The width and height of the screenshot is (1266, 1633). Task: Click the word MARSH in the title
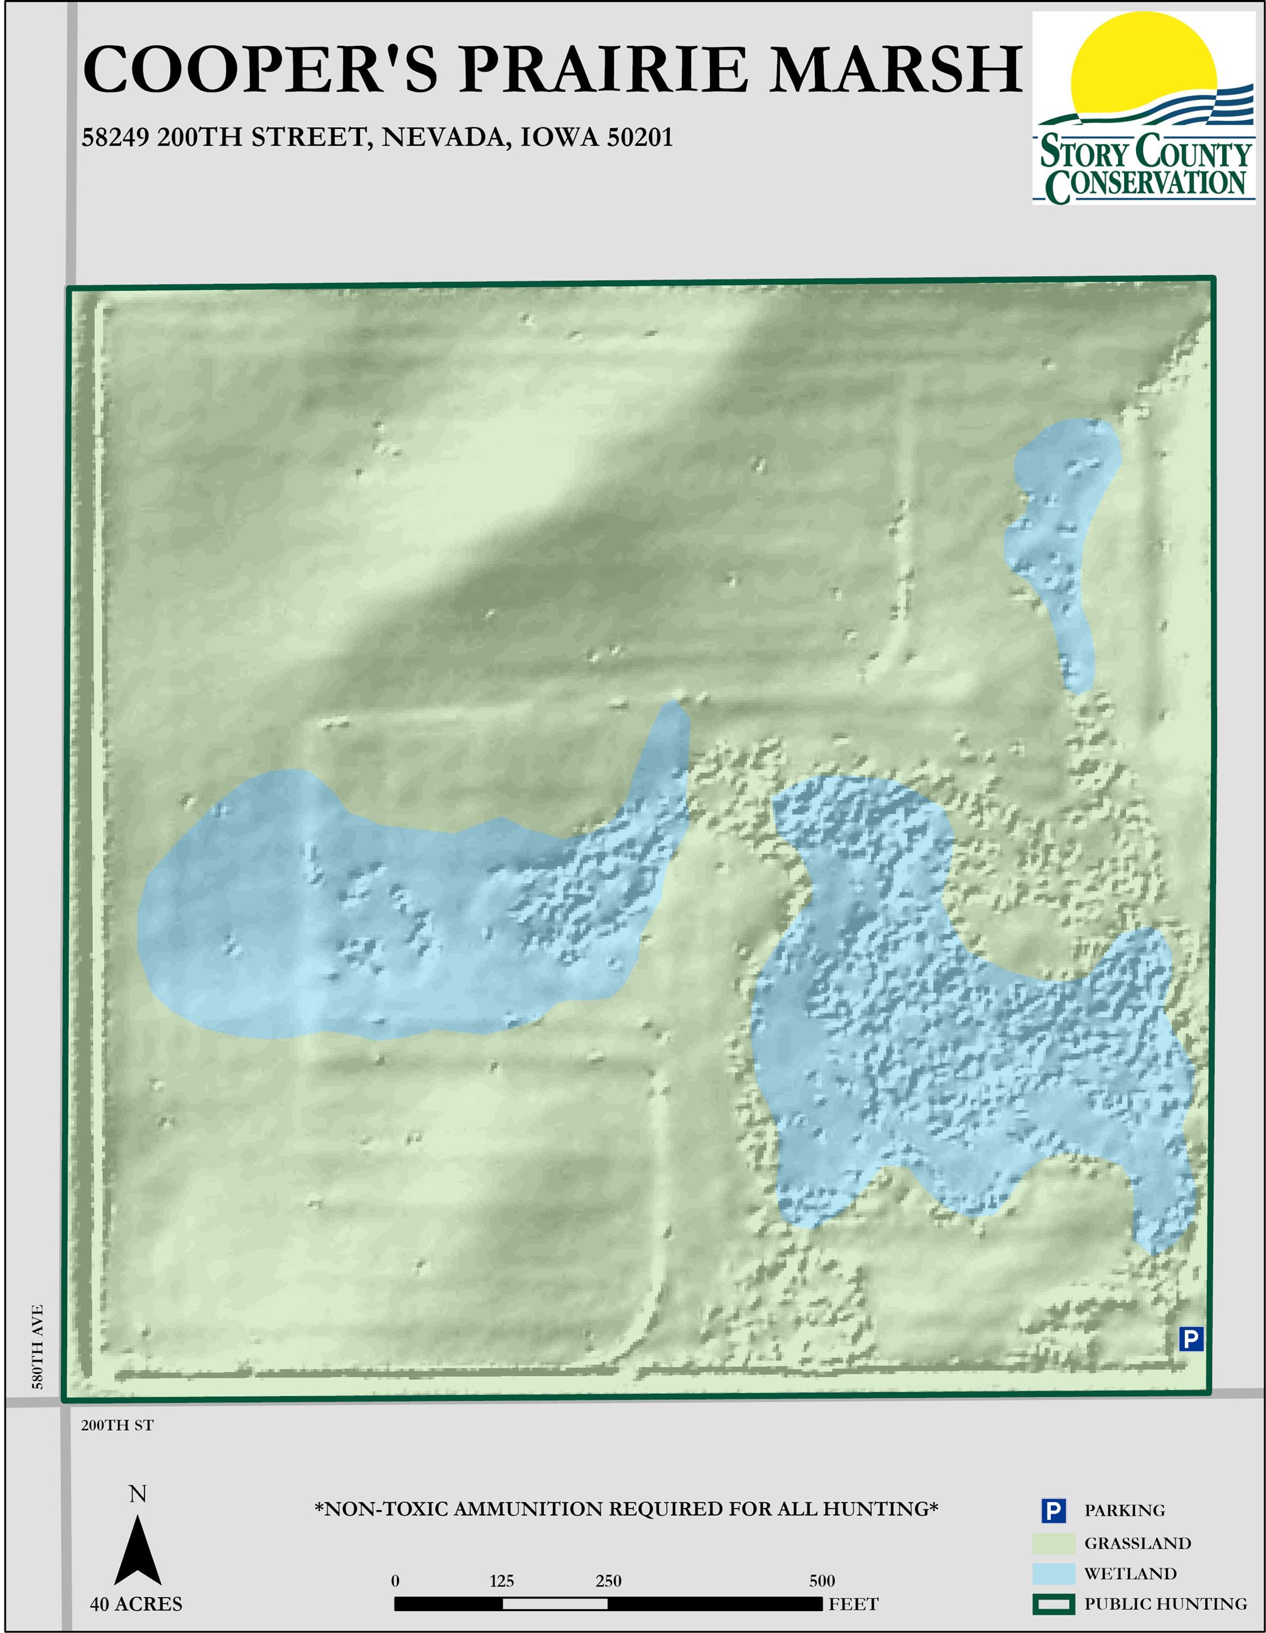pyautogui.click(x=895, y=70)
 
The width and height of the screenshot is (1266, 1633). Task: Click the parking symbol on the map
pyautogui.click(x=1191, y=1338)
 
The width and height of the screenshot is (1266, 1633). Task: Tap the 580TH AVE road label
pyautogui.click(x=38, y=1347)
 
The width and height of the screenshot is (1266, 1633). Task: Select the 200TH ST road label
pyautogui.click(x=117, y=1425)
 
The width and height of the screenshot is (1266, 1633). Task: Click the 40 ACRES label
pyautogui.click(x=136, y=1604)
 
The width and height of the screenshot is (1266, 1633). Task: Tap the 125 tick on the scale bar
pyautogui.click(x=502, y=1581)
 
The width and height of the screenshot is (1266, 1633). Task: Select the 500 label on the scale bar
pyautogui.click(x=822, y=1581)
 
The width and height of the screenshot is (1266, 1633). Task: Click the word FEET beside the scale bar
pyautogui.click(x=853, y=1604)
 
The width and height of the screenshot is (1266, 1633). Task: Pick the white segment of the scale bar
pyautogui.click(x=555, y=1604)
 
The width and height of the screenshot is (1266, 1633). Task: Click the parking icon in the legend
pyautogui.click(x=1053, y=1511)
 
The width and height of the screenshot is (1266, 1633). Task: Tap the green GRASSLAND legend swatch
pyautogui.click(x=1053, y=1543)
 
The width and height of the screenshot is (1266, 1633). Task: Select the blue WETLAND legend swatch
pyautogui.click(x=1053, y=1573)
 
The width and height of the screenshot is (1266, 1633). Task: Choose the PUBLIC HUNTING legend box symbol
pyautogui.click(x=1053, y=1604)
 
